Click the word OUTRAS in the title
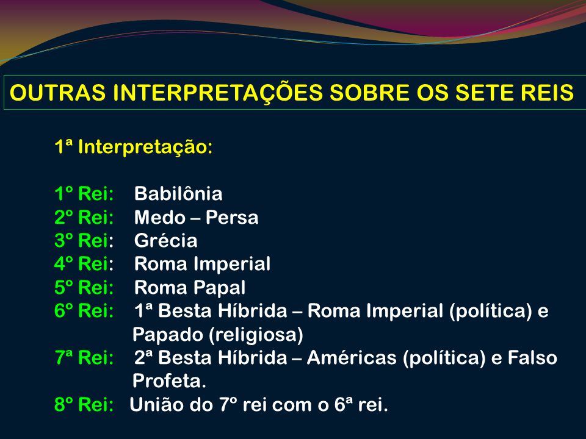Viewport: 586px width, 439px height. [58, 93]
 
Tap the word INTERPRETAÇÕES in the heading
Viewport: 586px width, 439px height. [218, 92]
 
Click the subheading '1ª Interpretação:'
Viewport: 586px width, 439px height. [134, 147]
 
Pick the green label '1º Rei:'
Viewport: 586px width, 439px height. [84, 194]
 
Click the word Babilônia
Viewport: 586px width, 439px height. [178, 194]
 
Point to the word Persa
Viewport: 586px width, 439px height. [232, 217]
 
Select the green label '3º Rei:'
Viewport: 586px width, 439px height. [84, 240]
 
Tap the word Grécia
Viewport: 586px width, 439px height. [166, 240]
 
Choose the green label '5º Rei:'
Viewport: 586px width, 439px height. [84, 287]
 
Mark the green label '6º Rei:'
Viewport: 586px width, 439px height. [84, 310]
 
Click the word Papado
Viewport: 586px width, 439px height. [168, 335]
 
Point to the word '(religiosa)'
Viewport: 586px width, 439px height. [256, 335]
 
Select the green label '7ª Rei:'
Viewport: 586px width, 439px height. [84, 358]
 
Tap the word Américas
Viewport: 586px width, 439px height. [352, 358]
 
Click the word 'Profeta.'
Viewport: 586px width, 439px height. [169, 380]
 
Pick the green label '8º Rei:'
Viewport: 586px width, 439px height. [84, 405]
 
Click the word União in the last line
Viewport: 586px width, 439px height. [157, 405]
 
